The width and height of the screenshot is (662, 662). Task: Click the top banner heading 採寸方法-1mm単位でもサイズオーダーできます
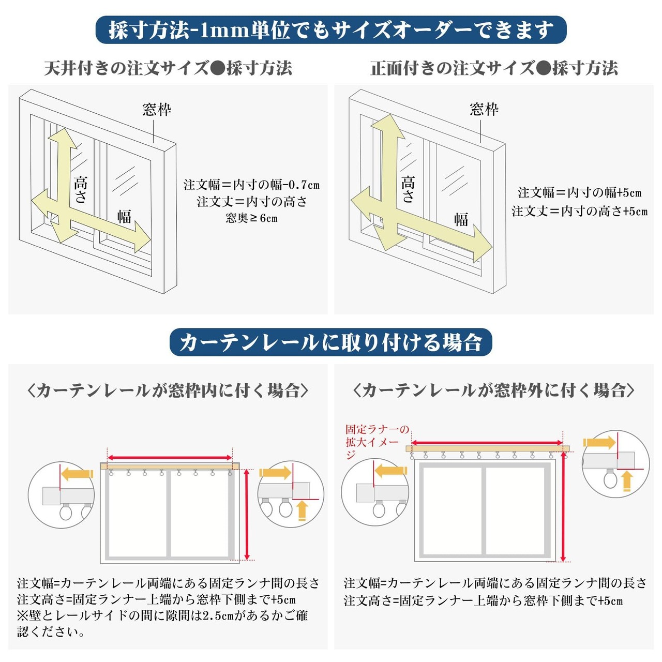[x=331, y=30]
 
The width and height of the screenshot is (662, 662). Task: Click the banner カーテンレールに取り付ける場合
[x=331, y=342]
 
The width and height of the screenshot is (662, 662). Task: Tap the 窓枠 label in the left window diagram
[x=157, y=110]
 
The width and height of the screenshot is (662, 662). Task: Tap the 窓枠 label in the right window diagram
[x=484, y=109]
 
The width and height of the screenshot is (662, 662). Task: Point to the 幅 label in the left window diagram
[x=124, y=216]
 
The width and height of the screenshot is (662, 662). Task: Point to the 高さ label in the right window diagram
[x=408, y=189]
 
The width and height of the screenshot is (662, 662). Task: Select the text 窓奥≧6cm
[x=251, y=218]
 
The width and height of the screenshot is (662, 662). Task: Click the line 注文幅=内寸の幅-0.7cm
[x=251, y=185]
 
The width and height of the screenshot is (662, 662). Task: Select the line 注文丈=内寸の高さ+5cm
[x=579, y=211]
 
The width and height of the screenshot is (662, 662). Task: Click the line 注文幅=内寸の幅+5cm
[x=579, y=193]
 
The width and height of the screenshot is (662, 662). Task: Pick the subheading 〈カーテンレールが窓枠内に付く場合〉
[x=168, y=390]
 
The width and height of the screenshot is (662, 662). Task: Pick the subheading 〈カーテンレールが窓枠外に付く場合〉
[x=493, y=390]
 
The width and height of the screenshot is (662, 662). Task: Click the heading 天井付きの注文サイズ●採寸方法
[x=168, y=68]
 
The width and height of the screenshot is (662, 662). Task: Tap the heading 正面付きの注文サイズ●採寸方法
[x=494, y=68]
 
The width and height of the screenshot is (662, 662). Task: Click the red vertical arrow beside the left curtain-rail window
[x=247, y=514]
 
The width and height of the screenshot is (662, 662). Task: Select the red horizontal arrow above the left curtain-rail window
[x=170, y=457]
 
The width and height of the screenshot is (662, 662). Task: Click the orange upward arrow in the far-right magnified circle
[x=627, y=480]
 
